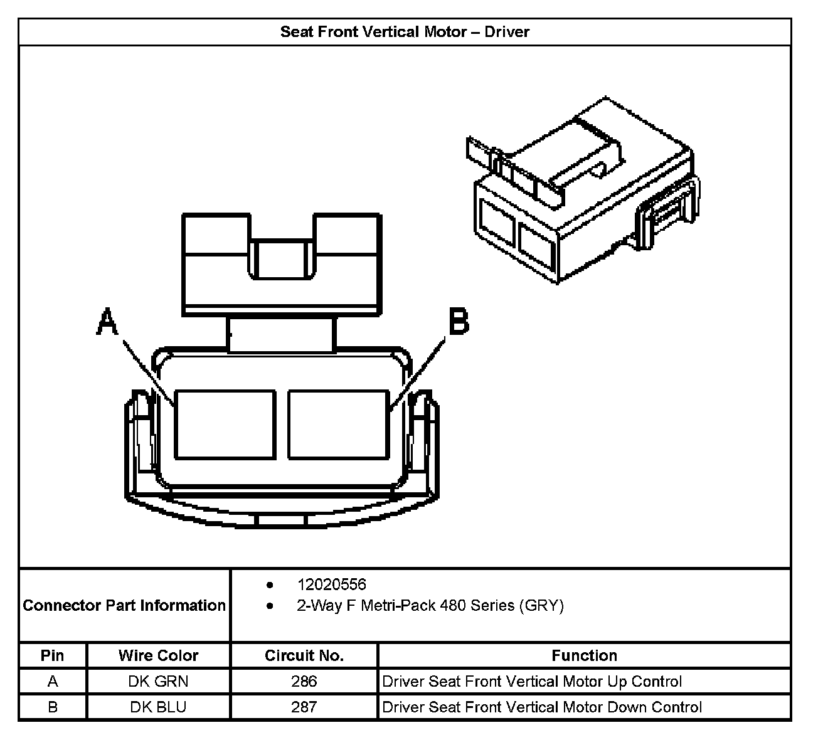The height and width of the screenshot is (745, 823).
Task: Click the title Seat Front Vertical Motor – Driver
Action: click(x=405, y=32)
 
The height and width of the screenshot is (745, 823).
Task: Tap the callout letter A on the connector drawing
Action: click(x=107, y=323)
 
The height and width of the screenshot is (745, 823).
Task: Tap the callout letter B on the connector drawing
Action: click(x=459, y=322)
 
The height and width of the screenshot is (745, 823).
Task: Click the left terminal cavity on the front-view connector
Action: click(x=225, y=425)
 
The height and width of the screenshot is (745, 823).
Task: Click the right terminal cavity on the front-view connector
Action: click(x=337, y=425)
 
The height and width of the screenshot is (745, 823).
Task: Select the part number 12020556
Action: click(x=331, y=584)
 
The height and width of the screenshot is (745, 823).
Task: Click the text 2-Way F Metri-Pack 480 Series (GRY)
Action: click(x=430, y=606)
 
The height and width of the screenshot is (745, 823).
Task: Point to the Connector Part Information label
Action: click(x=124, y=606)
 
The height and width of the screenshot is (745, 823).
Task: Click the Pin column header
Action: click(x=53, y=656)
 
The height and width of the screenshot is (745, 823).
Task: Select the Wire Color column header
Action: click(x=158, y=656)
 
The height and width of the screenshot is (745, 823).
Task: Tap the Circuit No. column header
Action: click(x=304, y=656)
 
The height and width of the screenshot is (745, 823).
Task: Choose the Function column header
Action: click(x=584, y=656)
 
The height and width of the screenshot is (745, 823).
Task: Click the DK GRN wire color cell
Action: click(x=158, y=682)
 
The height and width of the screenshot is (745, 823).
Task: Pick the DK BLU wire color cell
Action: click(x=158, y=707)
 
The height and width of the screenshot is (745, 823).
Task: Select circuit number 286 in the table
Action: click(x=304, y=682)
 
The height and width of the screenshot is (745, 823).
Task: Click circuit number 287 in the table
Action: click(x=304, y=707)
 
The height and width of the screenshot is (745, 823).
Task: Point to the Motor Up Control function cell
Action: click(x=532, y=682)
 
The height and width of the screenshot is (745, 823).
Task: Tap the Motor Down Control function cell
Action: click(x=542, y=707)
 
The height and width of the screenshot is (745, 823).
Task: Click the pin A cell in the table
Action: click(x=53, y=682)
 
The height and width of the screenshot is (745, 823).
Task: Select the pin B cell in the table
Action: click(x=53, y=707)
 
